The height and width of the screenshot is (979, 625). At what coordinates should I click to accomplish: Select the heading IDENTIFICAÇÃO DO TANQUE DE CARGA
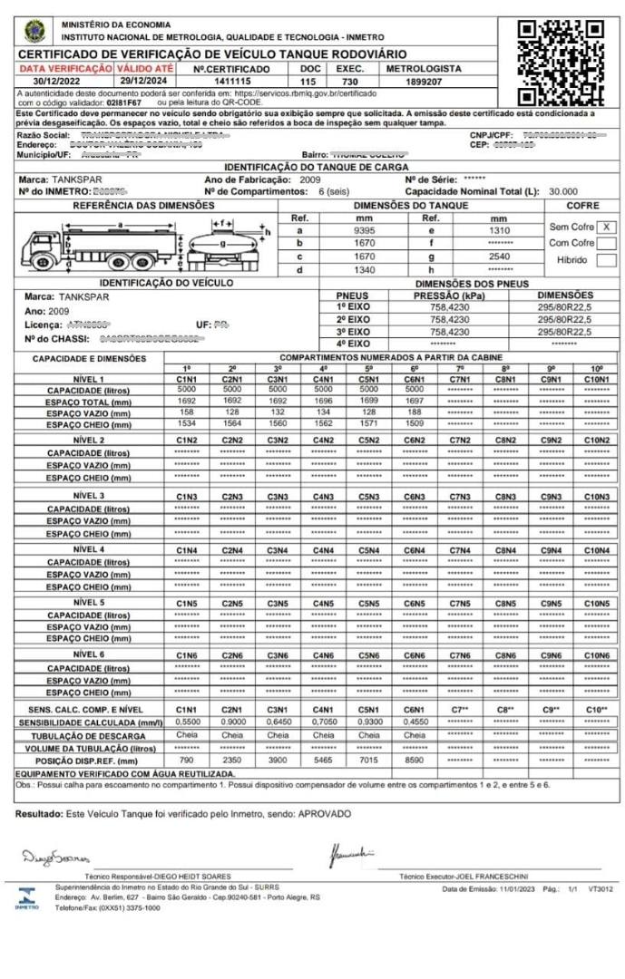coord(312,169)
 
